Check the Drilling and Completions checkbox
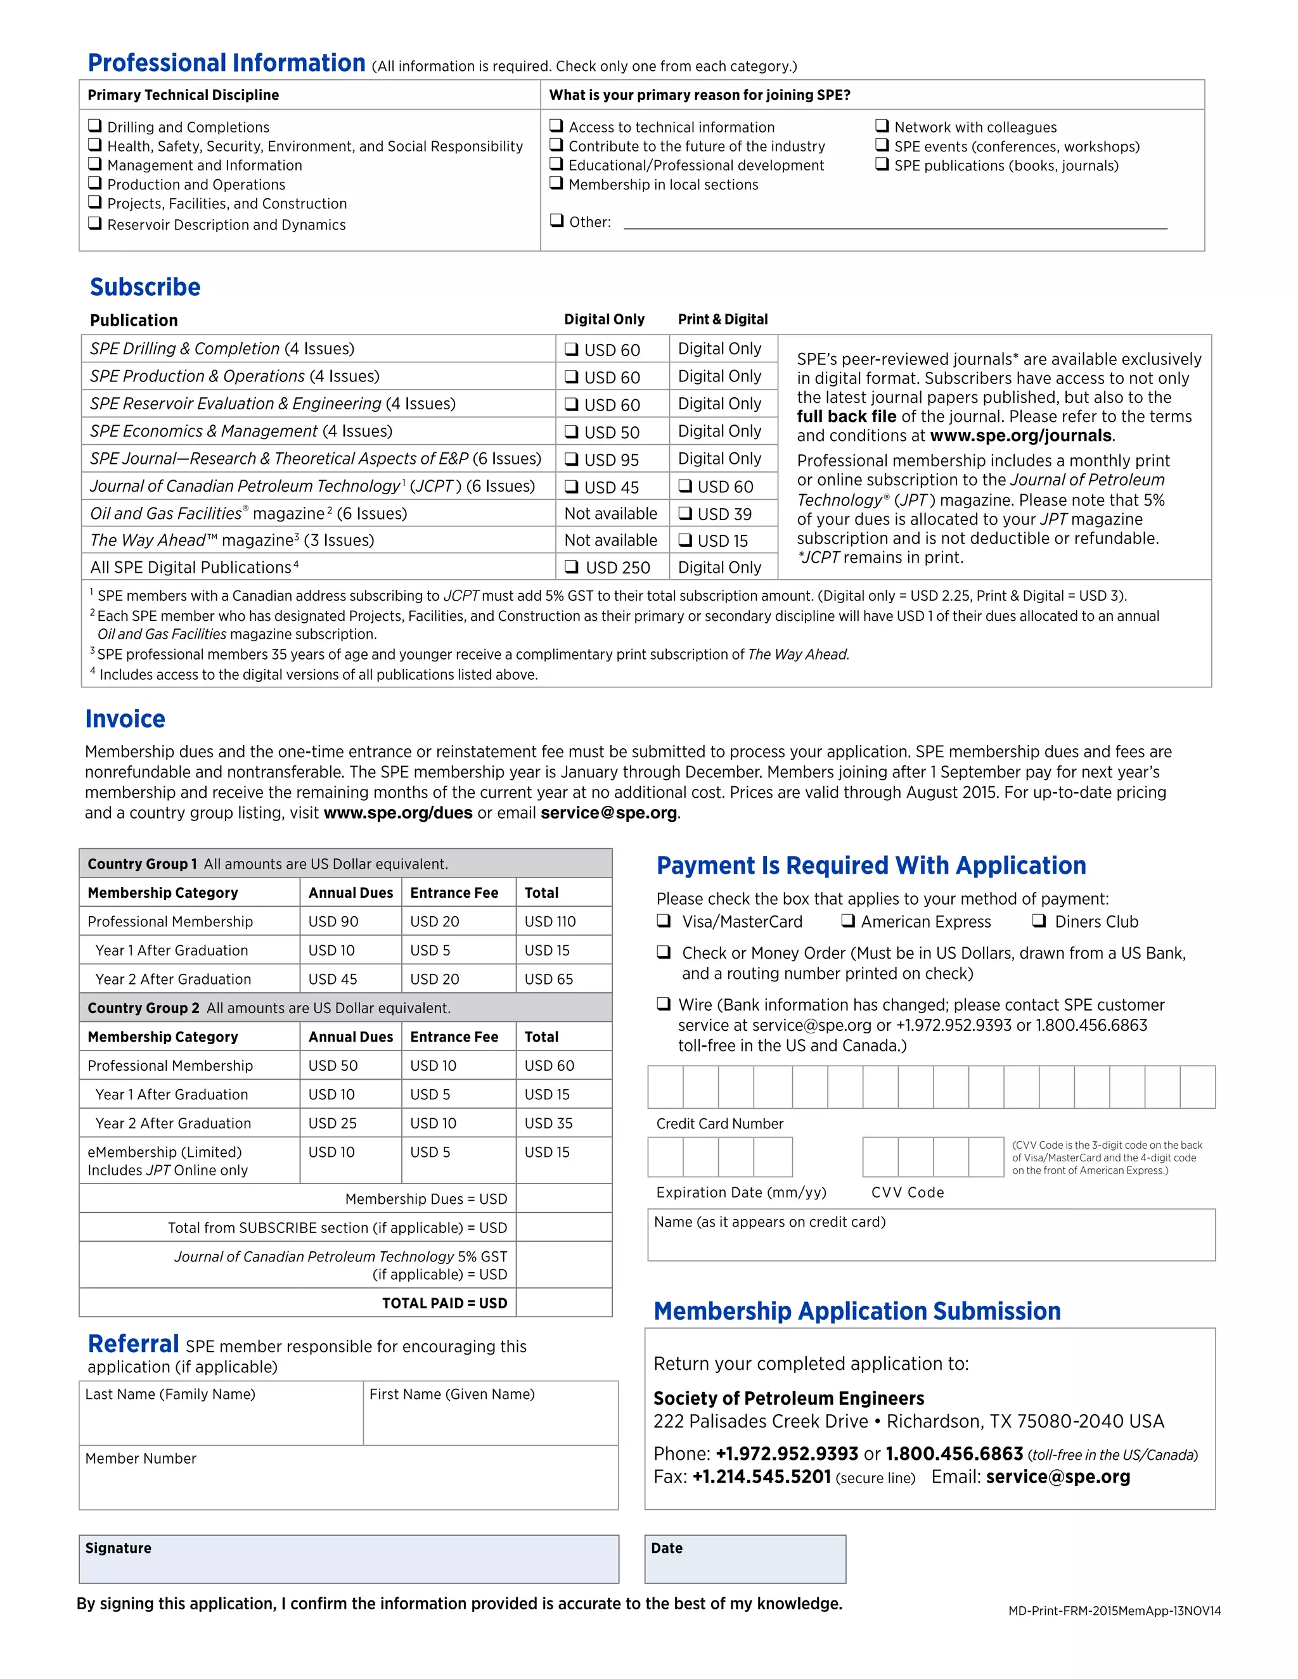click(94, 125)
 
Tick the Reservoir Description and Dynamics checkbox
click(94, 223)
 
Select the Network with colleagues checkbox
click(882, 125)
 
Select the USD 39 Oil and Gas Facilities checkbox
click(684, 514)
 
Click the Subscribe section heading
click(145, 287)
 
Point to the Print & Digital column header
click(722, 319)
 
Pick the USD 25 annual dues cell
click(332, 1123)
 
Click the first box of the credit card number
click(665, 1086)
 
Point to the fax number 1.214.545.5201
click(761, 1477)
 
